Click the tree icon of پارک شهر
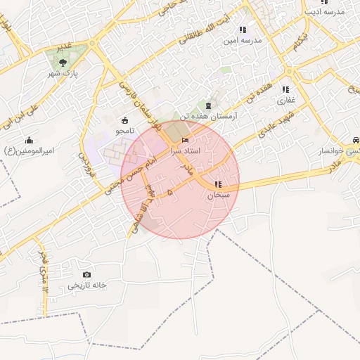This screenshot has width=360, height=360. click(64, 63)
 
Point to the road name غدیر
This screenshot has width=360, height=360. click(64, 46)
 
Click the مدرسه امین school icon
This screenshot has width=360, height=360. click(243, 30)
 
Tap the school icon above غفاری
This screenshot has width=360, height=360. click(285, 89)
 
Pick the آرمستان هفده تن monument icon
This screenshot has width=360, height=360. click(207, 105)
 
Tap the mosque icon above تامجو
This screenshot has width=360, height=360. click(125, 120)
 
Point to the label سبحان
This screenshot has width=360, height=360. click(219, 195)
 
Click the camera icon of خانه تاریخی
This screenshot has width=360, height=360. click(86, 275)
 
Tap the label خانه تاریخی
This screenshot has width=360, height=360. click(86, 285)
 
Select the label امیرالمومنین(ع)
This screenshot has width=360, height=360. click(29, 150)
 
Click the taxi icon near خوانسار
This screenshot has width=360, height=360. click(356, 140)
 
